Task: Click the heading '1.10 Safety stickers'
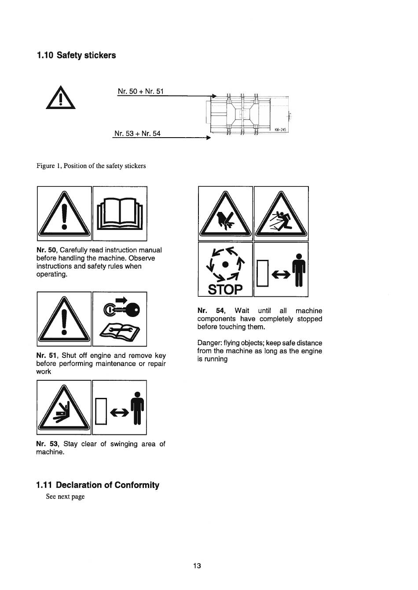coord(77,55)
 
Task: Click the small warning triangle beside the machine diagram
coord(61,98)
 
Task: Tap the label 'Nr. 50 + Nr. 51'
coord(141,91)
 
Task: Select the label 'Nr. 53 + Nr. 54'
coord(137,134)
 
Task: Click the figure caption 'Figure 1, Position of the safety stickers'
coord(91,166)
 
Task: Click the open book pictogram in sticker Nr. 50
coord(120,214)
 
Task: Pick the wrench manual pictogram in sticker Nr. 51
coord(120,330)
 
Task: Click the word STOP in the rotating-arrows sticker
coord(225,289)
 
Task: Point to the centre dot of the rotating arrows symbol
coord(225,264)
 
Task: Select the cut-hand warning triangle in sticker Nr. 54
coord(225,214)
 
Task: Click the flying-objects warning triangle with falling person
coord(281,214)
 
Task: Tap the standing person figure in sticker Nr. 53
coord(137,408)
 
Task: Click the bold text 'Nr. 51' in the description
coord(47,356)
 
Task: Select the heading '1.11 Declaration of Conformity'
coord(98,485)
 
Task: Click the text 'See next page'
coord(65,496)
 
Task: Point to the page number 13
coord(197,565)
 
